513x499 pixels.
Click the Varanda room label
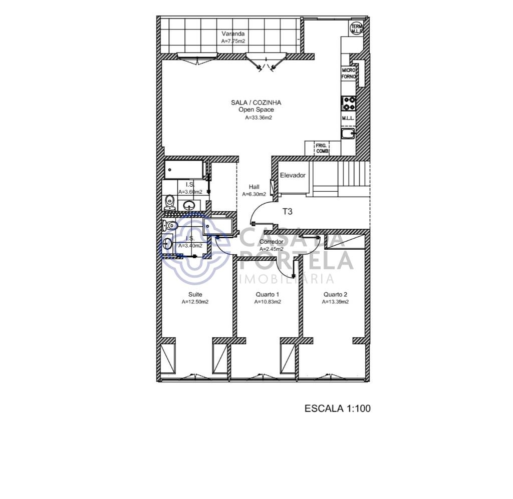pyautogui.click(x=233, y=34)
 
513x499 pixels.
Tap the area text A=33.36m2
pyautogui.click(x=259, y=118)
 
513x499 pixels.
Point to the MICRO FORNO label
pyautogui.click(x=349, y=74)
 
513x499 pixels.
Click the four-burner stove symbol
pyautogui.click(x=349, y=103)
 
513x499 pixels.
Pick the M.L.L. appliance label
pyautogui.click(x=348, y=119)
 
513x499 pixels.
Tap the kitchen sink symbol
pyautogui.click(x=348, y=134)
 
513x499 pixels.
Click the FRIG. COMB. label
pyautogui.click(x=322, y=148)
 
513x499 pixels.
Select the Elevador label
pyautogui.click(x=293, y=175)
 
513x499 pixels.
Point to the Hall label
pyautogui.click(x=254, y=187)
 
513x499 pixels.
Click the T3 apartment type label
pyautogui.click(x=287, y=212)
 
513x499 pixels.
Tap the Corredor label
pyautogui.click(x=272, y=242)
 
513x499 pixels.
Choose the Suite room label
pyautogui.click(x=195, y=294)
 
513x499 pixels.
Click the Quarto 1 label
pyautogui.click(x=267, y=294)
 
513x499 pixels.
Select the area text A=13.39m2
pyautogui.click(x=335, y=302)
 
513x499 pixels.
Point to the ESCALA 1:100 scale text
pyautogui.click(x=337, y=408)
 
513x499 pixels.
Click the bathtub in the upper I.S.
pyautogui.click(x=185, y=169)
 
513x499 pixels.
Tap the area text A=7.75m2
pyautogui.click(x=233, y=42)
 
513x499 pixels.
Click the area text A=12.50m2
pyautogui.click(x=195, y=302)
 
